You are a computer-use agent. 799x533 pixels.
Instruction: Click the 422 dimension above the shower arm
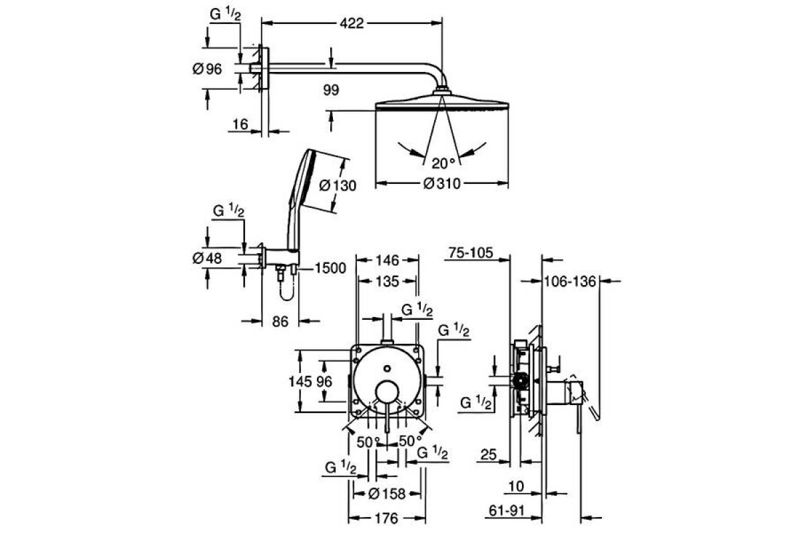352,23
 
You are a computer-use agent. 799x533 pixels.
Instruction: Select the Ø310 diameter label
442,184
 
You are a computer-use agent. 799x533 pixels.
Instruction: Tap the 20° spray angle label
443,163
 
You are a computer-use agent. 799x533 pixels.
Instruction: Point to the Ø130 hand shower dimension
338,186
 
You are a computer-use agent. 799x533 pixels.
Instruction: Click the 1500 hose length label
330,268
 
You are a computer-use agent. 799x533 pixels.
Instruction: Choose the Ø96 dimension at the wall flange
207,69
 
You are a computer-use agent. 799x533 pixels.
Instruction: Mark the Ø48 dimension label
207,258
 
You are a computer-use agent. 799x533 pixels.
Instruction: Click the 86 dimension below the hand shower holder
280,322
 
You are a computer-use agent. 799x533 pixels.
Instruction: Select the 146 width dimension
388,261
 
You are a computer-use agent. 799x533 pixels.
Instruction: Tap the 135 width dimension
388,282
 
